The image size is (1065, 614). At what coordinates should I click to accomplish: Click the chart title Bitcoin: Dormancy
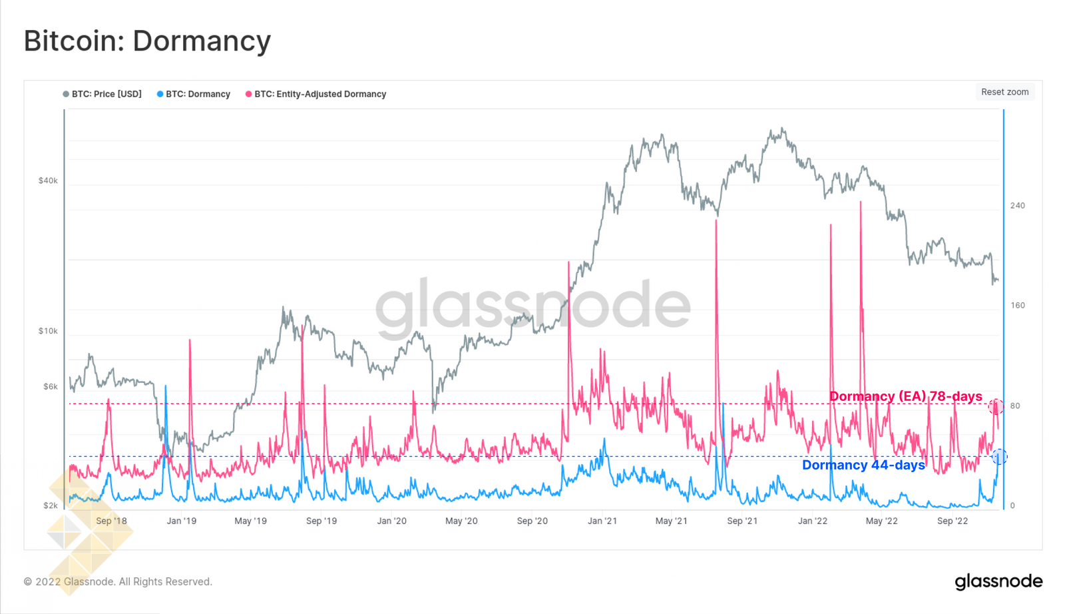(147, 41)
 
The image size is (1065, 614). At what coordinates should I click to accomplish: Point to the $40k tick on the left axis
(48, 180)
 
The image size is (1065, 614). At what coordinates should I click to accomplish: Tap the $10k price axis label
(48, 331)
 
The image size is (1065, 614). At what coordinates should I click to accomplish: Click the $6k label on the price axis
(50, 386)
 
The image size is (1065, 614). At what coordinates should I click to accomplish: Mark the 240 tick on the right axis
(1017, 205)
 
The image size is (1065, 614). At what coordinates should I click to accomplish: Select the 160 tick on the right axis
(1017, 305)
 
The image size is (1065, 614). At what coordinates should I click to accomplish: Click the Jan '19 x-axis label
(181, 521)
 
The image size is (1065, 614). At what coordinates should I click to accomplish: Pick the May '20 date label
(461, 521)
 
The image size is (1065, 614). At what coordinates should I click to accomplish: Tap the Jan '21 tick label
(602, 521)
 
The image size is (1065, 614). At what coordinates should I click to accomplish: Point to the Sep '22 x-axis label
(953, 521)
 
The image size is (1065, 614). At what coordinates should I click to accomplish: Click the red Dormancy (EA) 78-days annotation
(905, 396)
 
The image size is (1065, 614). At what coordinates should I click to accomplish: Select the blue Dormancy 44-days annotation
(863, 465)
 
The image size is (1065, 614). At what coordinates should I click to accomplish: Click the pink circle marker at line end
(996, 406)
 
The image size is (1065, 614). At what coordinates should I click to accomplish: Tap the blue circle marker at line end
(999, 457)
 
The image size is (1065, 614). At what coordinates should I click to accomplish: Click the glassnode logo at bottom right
(998, 581)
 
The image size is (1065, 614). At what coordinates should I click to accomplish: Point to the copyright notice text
(118, 581)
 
